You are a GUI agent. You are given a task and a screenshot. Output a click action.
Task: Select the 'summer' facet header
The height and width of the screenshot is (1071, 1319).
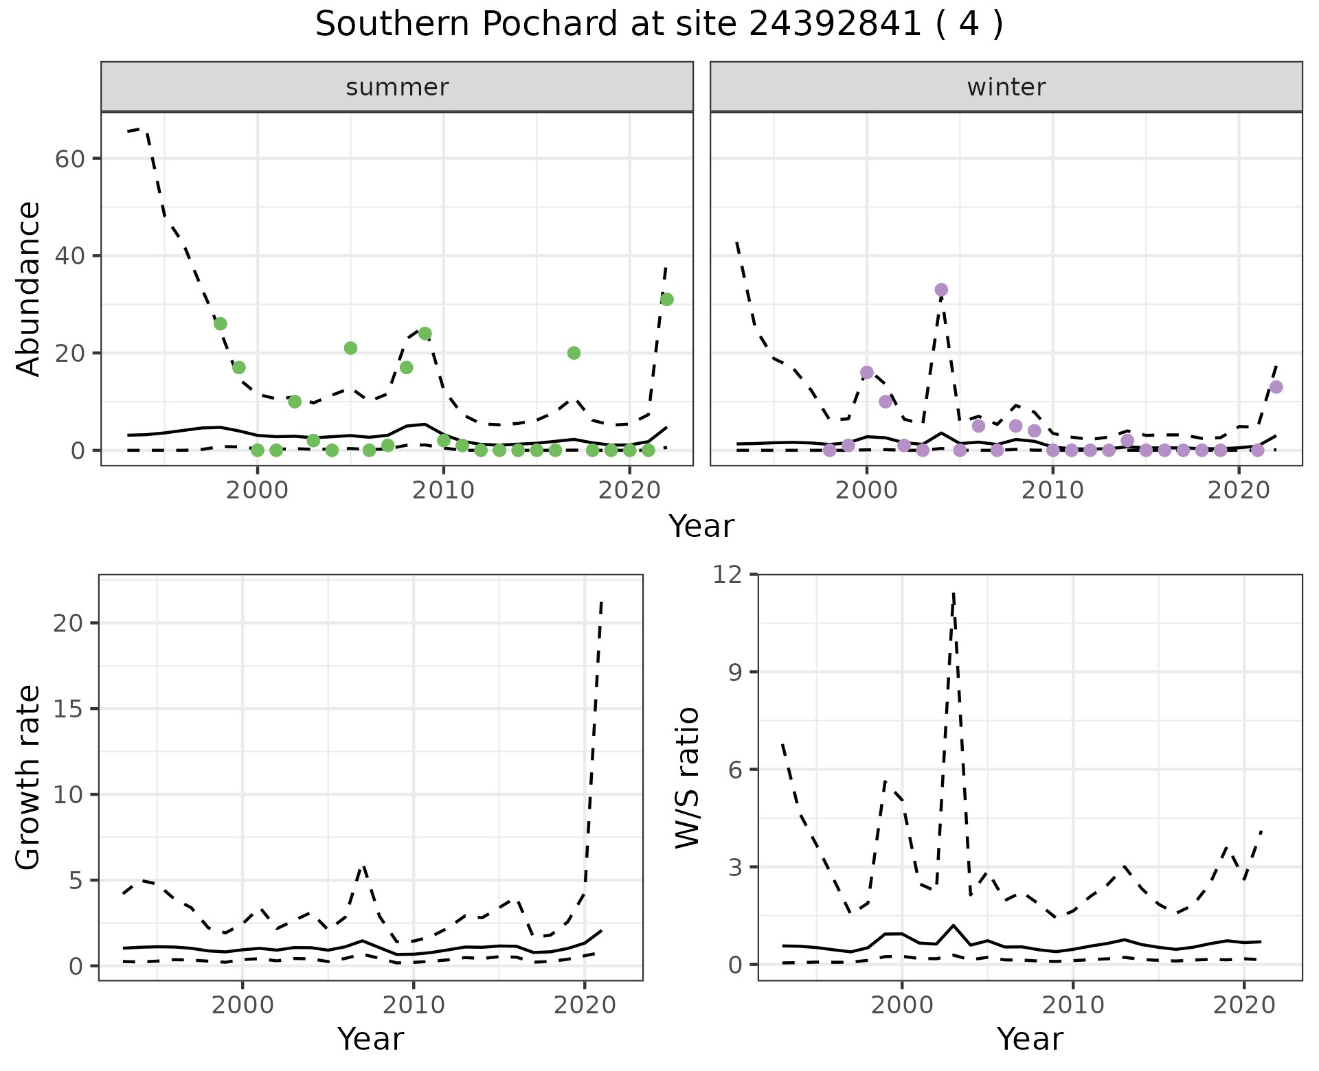(x=396, y=87)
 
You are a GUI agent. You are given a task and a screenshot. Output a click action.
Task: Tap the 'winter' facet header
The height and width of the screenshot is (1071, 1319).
(x=1006, y=87)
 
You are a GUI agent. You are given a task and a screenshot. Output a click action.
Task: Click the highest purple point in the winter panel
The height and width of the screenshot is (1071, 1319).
(x=941, y=290)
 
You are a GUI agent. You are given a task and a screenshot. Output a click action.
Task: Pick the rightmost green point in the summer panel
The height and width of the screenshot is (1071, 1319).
(x=666, y=299)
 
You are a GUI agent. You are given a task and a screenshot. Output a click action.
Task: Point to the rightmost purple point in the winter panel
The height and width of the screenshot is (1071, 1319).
(x=1276, y=387)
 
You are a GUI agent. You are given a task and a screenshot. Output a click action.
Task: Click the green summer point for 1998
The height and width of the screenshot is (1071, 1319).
(x=221, y=324)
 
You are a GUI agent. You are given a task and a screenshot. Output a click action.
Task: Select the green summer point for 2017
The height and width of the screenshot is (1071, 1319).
(x=574, y=353)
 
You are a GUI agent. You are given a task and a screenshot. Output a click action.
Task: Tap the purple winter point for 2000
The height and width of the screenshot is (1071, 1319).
(x=867, y=373)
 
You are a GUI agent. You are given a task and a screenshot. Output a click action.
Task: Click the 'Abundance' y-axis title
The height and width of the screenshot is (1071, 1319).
(x=29, y=288)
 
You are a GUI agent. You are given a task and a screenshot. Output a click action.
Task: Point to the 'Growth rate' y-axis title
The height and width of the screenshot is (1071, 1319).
(x=29, y=777)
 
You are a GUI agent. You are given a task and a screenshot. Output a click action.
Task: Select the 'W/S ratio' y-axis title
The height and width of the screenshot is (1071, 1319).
(x=687, y=777)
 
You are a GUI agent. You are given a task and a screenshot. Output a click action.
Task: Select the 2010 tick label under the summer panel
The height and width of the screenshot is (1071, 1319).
(x=443, y=491)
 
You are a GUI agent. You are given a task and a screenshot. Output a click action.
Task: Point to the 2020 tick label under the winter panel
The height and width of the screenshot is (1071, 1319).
(x=1238, y=491)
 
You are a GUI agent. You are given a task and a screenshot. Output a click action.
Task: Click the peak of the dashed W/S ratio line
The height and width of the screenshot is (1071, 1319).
(x=954, y=592)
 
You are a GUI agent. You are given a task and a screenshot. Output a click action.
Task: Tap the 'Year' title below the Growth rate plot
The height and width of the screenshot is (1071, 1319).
(x=370, y=1039)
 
